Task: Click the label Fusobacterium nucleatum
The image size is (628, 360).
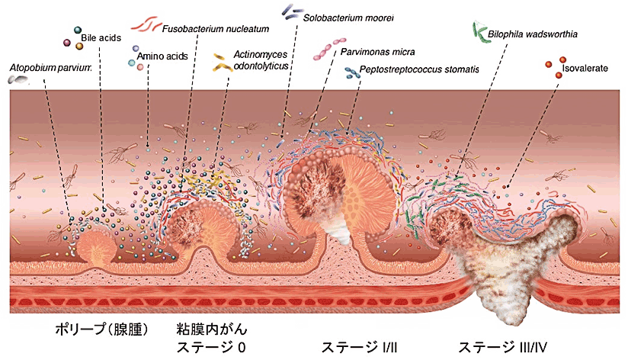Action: [x=216, y=29]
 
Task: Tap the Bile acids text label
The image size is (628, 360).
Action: [x=101, y=38]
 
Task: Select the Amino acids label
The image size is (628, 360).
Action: [x=162, y=56]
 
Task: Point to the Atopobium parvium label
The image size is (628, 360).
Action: [x=50, y=67]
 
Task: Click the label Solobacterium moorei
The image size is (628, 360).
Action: [x=348, y=18]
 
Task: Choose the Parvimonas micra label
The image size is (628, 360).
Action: [x=378, y=52]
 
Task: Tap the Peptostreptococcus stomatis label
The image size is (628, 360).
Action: [x=419, y=69]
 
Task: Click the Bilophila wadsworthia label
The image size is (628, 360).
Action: [x=533, y=34]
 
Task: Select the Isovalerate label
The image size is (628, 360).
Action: [x=585, y=68]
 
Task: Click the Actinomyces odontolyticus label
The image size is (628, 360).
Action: [x=261, y=59]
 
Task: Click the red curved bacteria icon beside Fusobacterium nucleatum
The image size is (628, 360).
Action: [x=145, y=25]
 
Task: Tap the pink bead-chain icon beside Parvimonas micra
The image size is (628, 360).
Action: [x=329, y=50]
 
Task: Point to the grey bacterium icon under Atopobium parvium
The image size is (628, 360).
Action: [x=18, y=80]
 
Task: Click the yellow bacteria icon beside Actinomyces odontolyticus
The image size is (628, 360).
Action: [x=223, y=63]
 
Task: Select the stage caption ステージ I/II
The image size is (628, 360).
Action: [x=359, y=347]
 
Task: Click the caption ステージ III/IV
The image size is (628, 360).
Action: [x=503, y=347]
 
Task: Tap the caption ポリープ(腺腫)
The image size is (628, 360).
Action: [x=101, y=329]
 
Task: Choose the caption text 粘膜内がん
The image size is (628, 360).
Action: [x=212, y=329]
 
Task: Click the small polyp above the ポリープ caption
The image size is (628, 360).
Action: [x=97, y=248]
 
